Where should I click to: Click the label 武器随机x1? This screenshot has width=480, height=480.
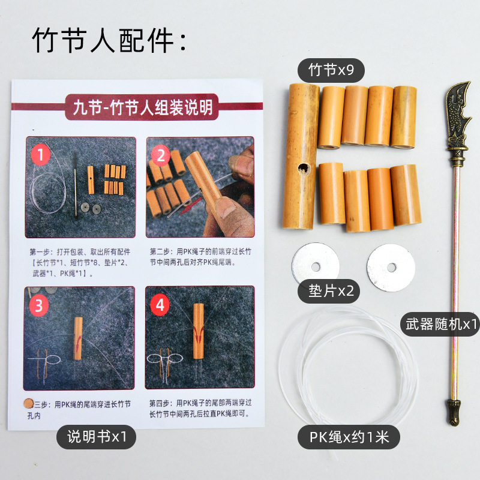[440, 325]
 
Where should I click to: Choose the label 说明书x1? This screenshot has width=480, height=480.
[96, 437]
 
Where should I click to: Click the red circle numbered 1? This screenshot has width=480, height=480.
[41, 157]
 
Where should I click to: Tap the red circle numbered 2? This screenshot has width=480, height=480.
[161, 157]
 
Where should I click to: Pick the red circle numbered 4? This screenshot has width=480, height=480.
[160, 305]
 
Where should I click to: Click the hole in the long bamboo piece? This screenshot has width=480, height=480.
[304, 169]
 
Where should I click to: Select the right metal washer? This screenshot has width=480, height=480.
[391, 267]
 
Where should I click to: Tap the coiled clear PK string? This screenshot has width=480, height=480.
[348, 366]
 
